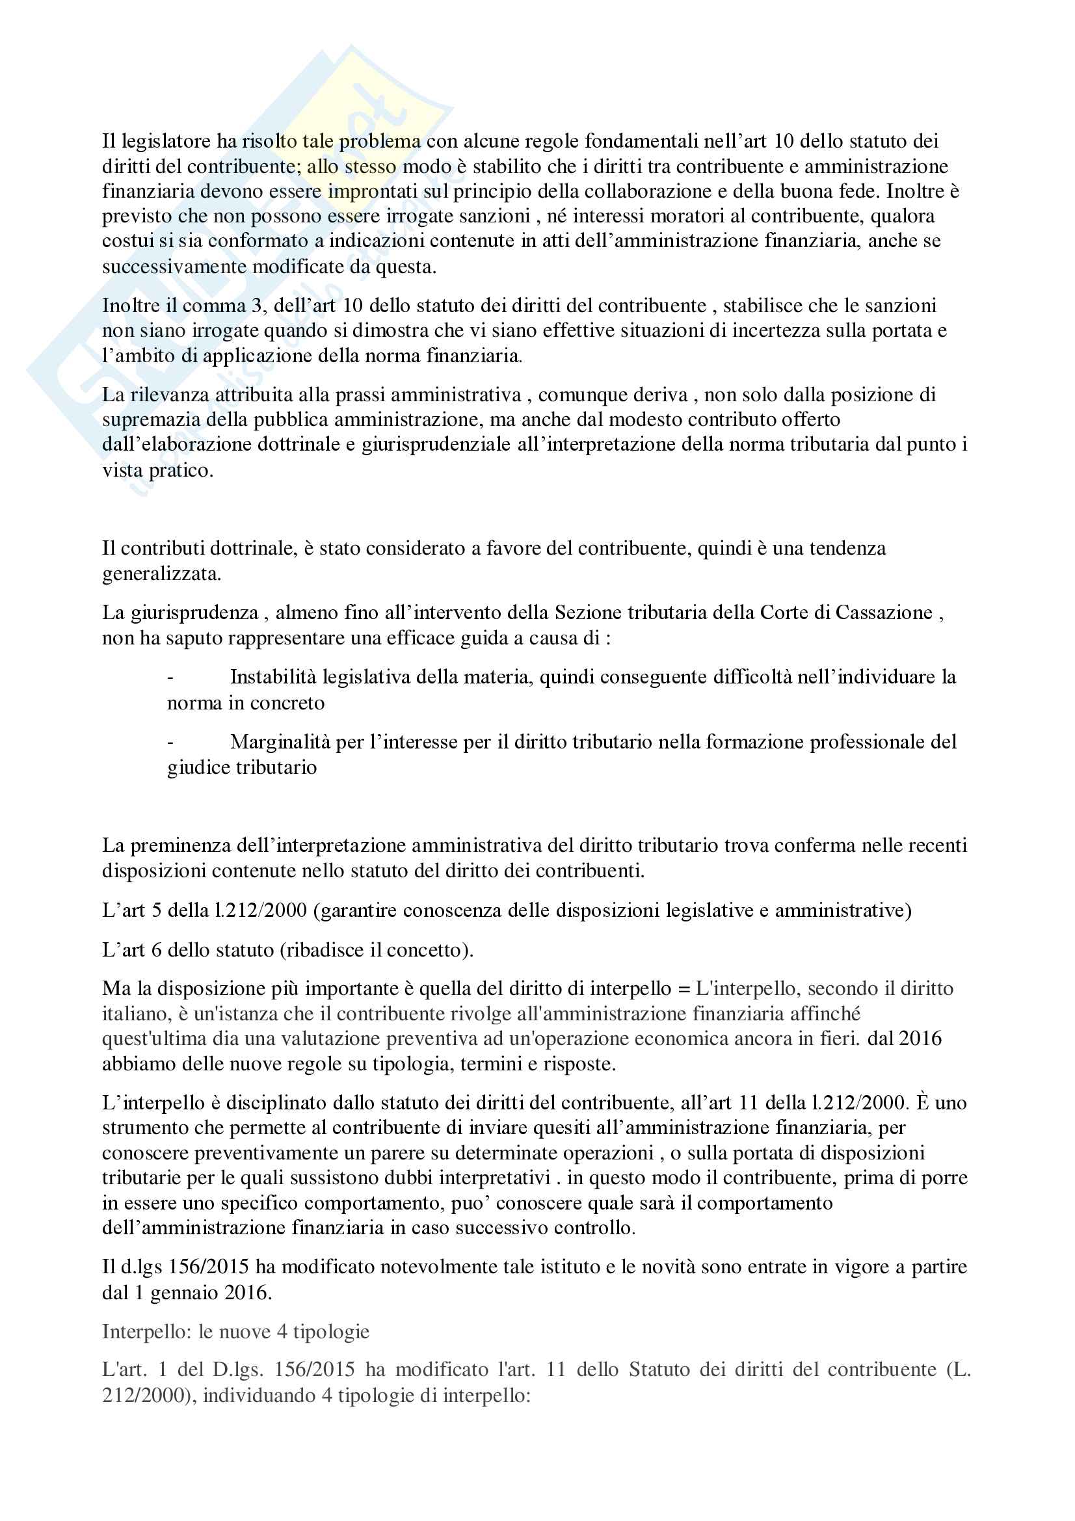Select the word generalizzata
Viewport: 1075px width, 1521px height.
[161, 574]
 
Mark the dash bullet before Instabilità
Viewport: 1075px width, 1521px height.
[171, 678]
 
